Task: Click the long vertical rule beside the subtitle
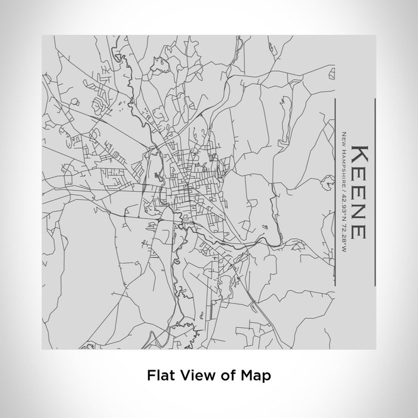tap(333, 191)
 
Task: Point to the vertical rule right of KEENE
tap(374, 191)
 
